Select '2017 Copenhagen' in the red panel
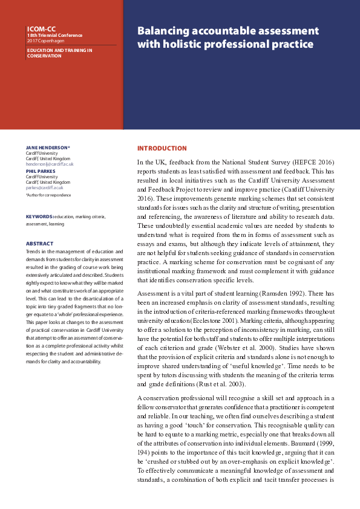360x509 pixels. pos(43,41)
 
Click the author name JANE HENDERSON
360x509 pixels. pos(48,148)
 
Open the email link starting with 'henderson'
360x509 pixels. pos(49,164)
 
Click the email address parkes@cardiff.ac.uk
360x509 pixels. pos(44,187)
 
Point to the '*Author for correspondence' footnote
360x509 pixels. pos(48,195)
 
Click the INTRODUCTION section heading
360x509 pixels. pos(162,148)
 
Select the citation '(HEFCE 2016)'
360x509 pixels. pos(314,163)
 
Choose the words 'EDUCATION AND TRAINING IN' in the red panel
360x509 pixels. pos(59,50)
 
